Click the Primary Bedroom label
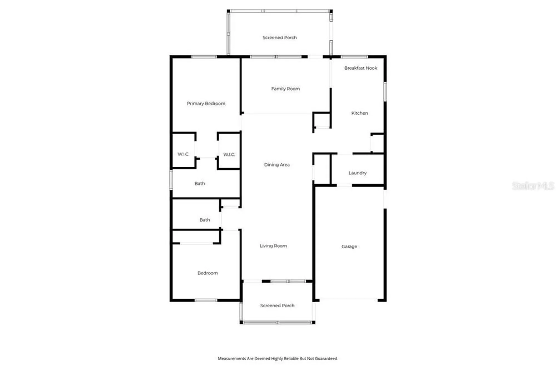pyautogui.click(x=206, y=103)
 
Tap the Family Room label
pyautogui.click(x=286, y=89)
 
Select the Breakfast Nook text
pyautogui.click(x=361, y=68)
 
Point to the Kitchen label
pyautogui.click(x=359, y=113)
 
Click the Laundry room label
pyautogui.click(x=358, y=173)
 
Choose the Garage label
pyautogui.click(x=349, y=246)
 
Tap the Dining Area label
pyautogui.click(x=277, y=165)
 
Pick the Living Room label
pyautogui.click(x=273, y=246)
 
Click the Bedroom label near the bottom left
pyautogui.click(x=207, y=273)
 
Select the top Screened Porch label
pyautogui.click(x=280, y=38)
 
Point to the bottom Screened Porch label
pyautogui.click(x=277, y=305)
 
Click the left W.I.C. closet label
pyautogui.click(x=183, y=154)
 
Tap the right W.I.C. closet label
pyautogui.click(x=229, y=154)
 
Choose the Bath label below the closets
pyautogui.click(x=200, y=184)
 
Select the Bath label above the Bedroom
pyautogui.click(x=205, y=220)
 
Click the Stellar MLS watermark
pyautogui.click(x=533, y=186)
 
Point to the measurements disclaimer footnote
pyautogui.click(x=278, y=358)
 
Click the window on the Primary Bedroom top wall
pyautogui.click(x=204, y=57)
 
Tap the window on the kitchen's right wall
pyautogui.click(x=385, y=91)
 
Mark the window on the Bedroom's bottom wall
pyautogui.click(x=206, y=300)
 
